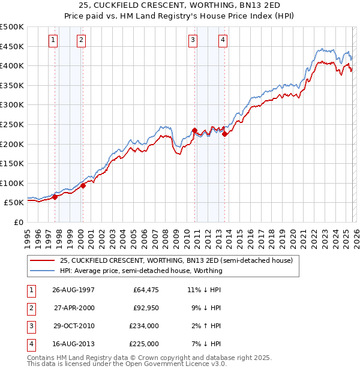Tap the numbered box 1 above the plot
53,40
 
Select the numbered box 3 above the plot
193,40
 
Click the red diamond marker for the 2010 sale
195,130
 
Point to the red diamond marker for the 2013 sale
224,134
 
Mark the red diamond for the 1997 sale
55,196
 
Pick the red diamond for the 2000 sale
83,185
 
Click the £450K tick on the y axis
12,46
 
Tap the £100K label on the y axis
12,183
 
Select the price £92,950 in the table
146,308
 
